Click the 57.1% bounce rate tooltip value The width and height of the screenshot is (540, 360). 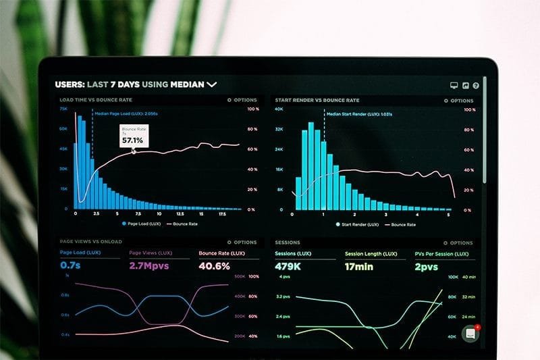[x=132, y=140]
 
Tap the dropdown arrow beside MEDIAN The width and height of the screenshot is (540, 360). [x=212, y=84]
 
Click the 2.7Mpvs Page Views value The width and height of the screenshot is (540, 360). [x=148, y=266]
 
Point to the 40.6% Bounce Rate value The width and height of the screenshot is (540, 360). [x=214, y=266]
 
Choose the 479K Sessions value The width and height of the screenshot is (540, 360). [x=288, y=266]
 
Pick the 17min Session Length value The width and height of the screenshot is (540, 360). [x=359, y=266]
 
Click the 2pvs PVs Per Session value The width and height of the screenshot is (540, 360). [x=426, y=266]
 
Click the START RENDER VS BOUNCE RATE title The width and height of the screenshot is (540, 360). [x=317, y=100]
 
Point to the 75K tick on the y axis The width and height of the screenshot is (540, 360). [x=63, y=109]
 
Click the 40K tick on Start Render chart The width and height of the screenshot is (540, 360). [x=279, y=109]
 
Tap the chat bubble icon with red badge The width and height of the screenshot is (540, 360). [x=470, y=333]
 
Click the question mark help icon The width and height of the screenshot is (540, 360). [x=476, y=86]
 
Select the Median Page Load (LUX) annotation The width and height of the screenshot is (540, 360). [x=126, y=113]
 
